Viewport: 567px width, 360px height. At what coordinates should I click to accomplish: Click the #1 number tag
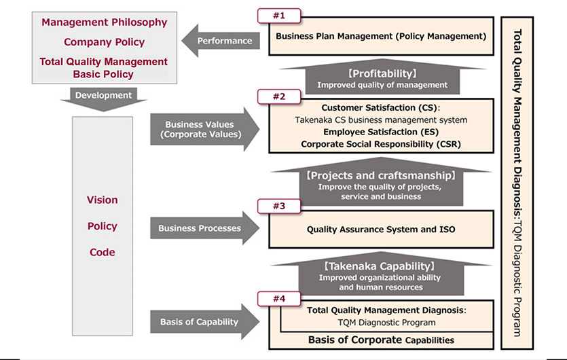tap(278, 15)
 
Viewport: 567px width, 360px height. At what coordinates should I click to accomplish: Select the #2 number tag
tap(278, 96)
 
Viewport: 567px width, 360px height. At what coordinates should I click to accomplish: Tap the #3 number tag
tap(278, 206)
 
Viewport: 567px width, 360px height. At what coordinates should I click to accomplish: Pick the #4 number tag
tap(278, 298)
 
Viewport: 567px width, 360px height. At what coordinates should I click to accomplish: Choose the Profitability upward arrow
tap(382, 77)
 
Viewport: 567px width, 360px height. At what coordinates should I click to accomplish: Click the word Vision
tap(103, 200)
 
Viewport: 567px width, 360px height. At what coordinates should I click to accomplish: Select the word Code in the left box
tap(103, 252)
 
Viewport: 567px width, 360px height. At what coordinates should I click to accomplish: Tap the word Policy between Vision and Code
tap(103, 226)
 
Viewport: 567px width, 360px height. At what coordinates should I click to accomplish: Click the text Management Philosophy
tap(104, 22)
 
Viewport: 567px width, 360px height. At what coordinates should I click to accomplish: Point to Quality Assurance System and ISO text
tap(381, 230)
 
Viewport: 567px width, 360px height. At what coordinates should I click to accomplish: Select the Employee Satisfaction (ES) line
tap(381, 132)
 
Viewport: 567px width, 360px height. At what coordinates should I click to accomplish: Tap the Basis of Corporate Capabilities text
tap(381, 339)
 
